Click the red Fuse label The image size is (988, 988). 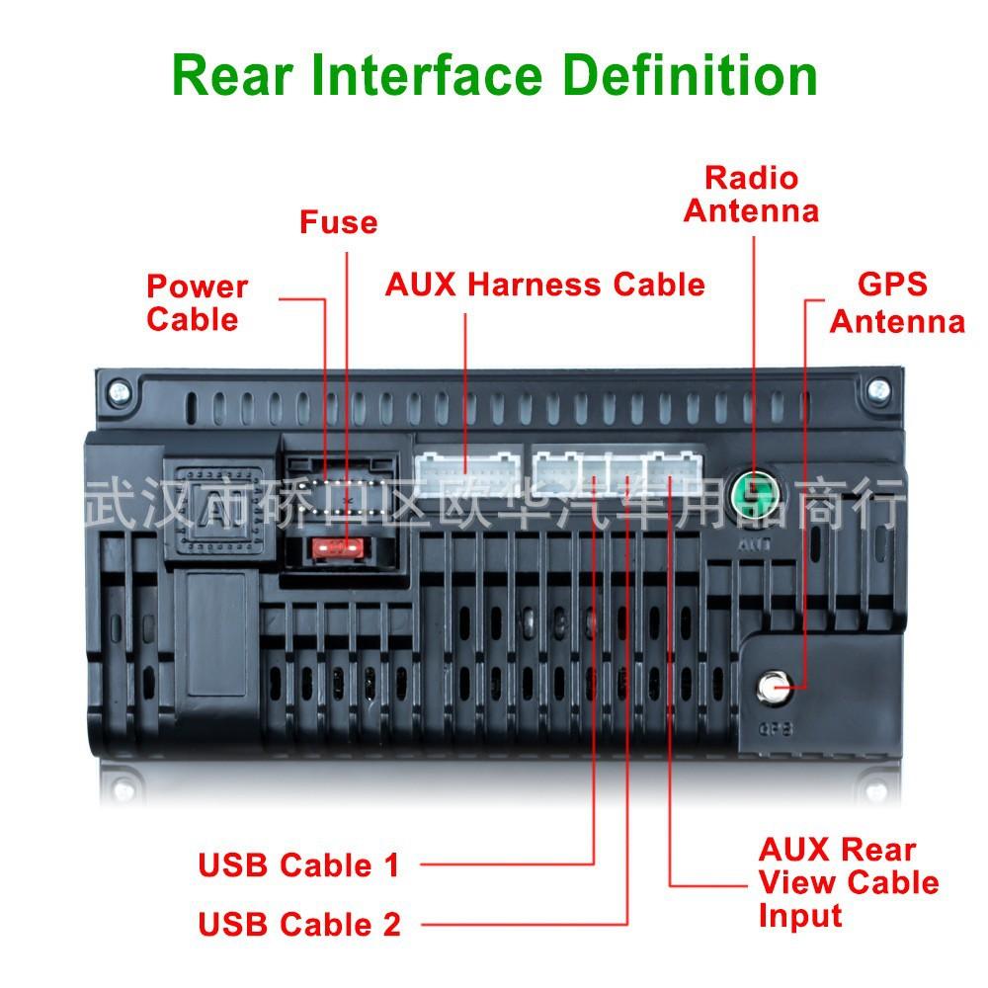tap(338, 222)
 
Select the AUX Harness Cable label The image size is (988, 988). tap(544, 285)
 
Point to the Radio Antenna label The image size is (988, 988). tap(751, 195)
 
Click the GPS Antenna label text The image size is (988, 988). tap(896, 303)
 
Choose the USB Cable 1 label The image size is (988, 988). tap(298, 865)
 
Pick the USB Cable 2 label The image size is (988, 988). tap(299, 925)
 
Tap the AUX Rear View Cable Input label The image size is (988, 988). tap(848, 882)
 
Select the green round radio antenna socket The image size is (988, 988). tap(753, 488)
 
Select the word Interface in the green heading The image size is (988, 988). tap(427, 76)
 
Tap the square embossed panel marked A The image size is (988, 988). tap(219, 494)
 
